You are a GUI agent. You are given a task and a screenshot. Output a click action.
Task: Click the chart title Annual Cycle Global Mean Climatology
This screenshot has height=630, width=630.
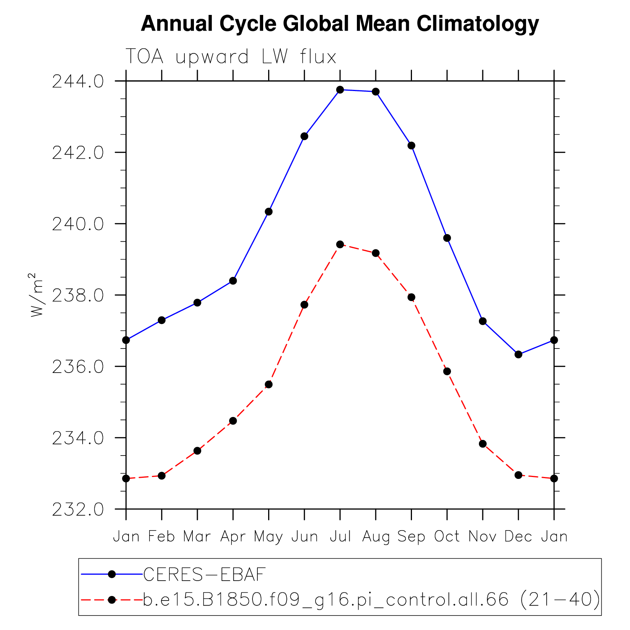click(x=340, y=24)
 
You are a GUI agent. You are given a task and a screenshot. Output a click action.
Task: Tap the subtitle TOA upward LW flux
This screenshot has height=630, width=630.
click(x=231, y=57)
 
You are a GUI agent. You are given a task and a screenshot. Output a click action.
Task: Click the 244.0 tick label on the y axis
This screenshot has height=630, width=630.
click(x=78, y=81)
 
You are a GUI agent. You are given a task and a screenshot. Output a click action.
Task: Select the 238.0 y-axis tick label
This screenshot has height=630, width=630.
click(x=78, y=295)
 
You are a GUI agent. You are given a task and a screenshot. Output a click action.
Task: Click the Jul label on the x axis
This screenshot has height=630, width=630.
click(x=340, y=536)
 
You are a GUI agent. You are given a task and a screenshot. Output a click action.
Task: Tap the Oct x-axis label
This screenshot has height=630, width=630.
click(x=447, y=536)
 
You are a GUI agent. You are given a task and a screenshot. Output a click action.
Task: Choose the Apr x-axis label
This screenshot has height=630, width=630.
click(x=233, y=537)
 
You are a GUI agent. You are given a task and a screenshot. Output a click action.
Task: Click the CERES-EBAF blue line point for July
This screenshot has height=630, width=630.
click(x=340, y=90)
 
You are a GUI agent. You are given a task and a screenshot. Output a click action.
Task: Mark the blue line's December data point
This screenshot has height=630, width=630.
click(x=518, y=354)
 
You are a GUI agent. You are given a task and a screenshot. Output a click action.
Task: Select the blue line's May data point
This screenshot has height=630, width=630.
click(x=269, y=212)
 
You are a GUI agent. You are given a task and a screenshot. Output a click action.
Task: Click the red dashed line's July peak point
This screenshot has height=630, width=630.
click(x=340, y=244)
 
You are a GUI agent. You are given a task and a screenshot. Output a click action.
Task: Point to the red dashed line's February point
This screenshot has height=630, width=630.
click(x=162, y=475)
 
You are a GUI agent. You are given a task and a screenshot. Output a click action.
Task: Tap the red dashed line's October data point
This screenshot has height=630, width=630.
click(x=447, y=371)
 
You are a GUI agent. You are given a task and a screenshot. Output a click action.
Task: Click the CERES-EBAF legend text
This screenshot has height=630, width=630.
click(x=204, y=574)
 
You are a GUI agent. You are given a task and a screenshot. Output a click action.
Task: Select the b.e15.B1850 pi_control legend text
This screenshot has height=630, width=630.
click(x=371, y=599)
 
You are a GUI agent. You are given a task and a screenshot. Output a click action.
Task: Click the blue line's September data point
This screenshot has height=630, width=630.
click(x=411, y=145)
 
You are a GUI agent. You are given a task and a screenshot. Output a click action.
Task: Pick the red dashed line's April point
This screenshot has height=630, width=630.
click(x=233, y=421)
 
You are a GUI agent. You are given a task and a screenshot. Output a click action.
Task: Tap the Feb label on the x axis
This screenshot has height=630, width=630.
click(x=161, y=536)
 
